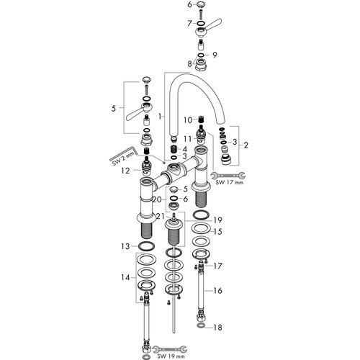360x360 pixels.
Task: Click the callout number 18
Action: (x=217, y=328)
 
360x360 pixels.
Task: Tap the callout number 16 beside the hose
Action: (x=217, y=290)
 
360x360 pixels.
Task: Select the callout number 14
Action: (x=125, y=277)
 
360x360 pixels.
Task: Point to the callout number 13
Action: (x=125, y=246)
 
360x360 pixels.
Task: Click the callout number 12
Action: (x=125, y=171)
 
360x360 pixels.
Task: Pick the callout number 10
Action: (x=188, y=120)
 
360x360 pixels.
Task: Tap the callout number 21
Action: (x=161, y=217)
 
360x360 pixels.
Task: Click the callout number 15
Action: (x=217, y=232)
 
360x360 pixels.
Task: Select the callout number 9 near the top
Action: (x=215, y=55)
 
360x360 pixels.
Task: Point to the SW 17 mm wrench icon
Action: (x=228, y=176)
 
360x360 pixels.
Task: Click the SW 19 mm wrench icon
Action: (x=170, y=349)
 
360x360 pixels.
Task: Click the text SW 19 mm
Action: (x=171, y=356)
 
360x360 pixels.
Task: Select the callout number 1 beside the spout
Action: (x=160, y=117)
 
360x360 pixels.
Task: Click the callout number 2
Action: (x=246, y=145)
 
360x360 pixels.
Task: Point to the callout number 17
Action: (x=217, y=266)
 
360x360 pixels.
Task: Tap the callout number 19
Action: (x=217, y=220)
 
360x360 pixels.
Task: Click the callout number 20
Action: (x=158, y=199)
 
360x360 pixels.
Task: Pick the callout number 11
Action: (x=188, y=139)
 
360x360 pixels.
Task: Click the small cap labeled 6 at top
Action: (x=201, y=4)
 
